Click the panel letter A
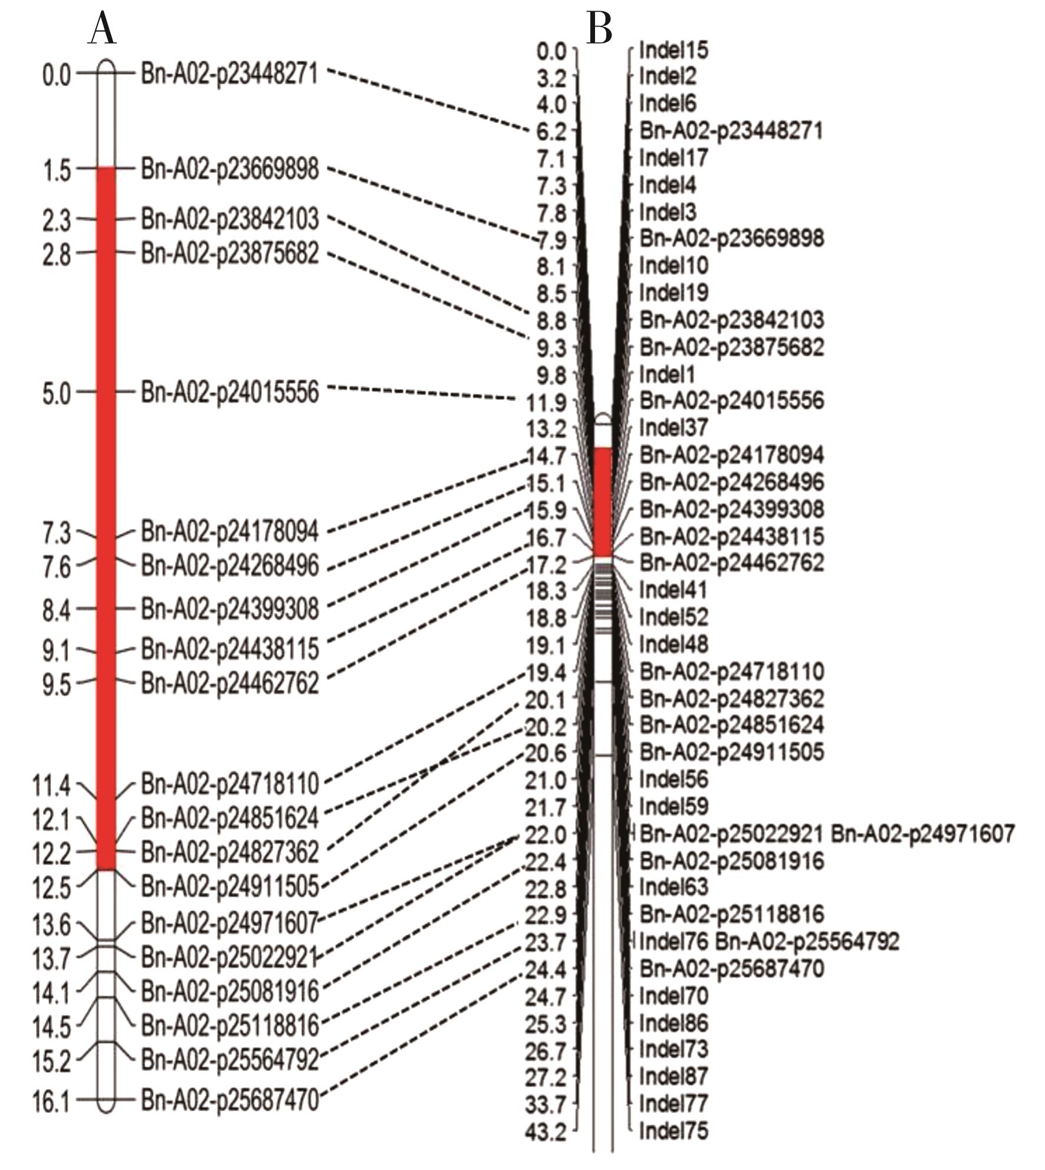point(102,29)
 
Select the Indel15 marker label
point(673,50)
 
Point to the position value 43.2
point(545,1132)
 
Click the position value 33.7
point(545,1104)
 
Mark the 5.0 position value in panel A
point(57,393)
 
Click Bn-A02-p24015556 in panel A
point(229,392)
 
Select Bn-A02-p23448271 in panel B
point(731,130)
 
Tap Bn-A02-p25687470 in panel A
point(229,1100)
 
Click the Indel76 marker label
point(673,942)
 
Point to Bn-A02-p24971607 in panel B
point(922,834)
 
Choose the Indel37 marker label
point(673,427)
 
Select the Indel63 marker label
point(673,888)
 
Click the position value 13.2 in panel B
point(545,429)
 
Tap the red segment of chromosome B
point(603,502)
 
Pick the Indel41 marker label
point(673,589)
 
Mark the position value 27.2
point(545,1077)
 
